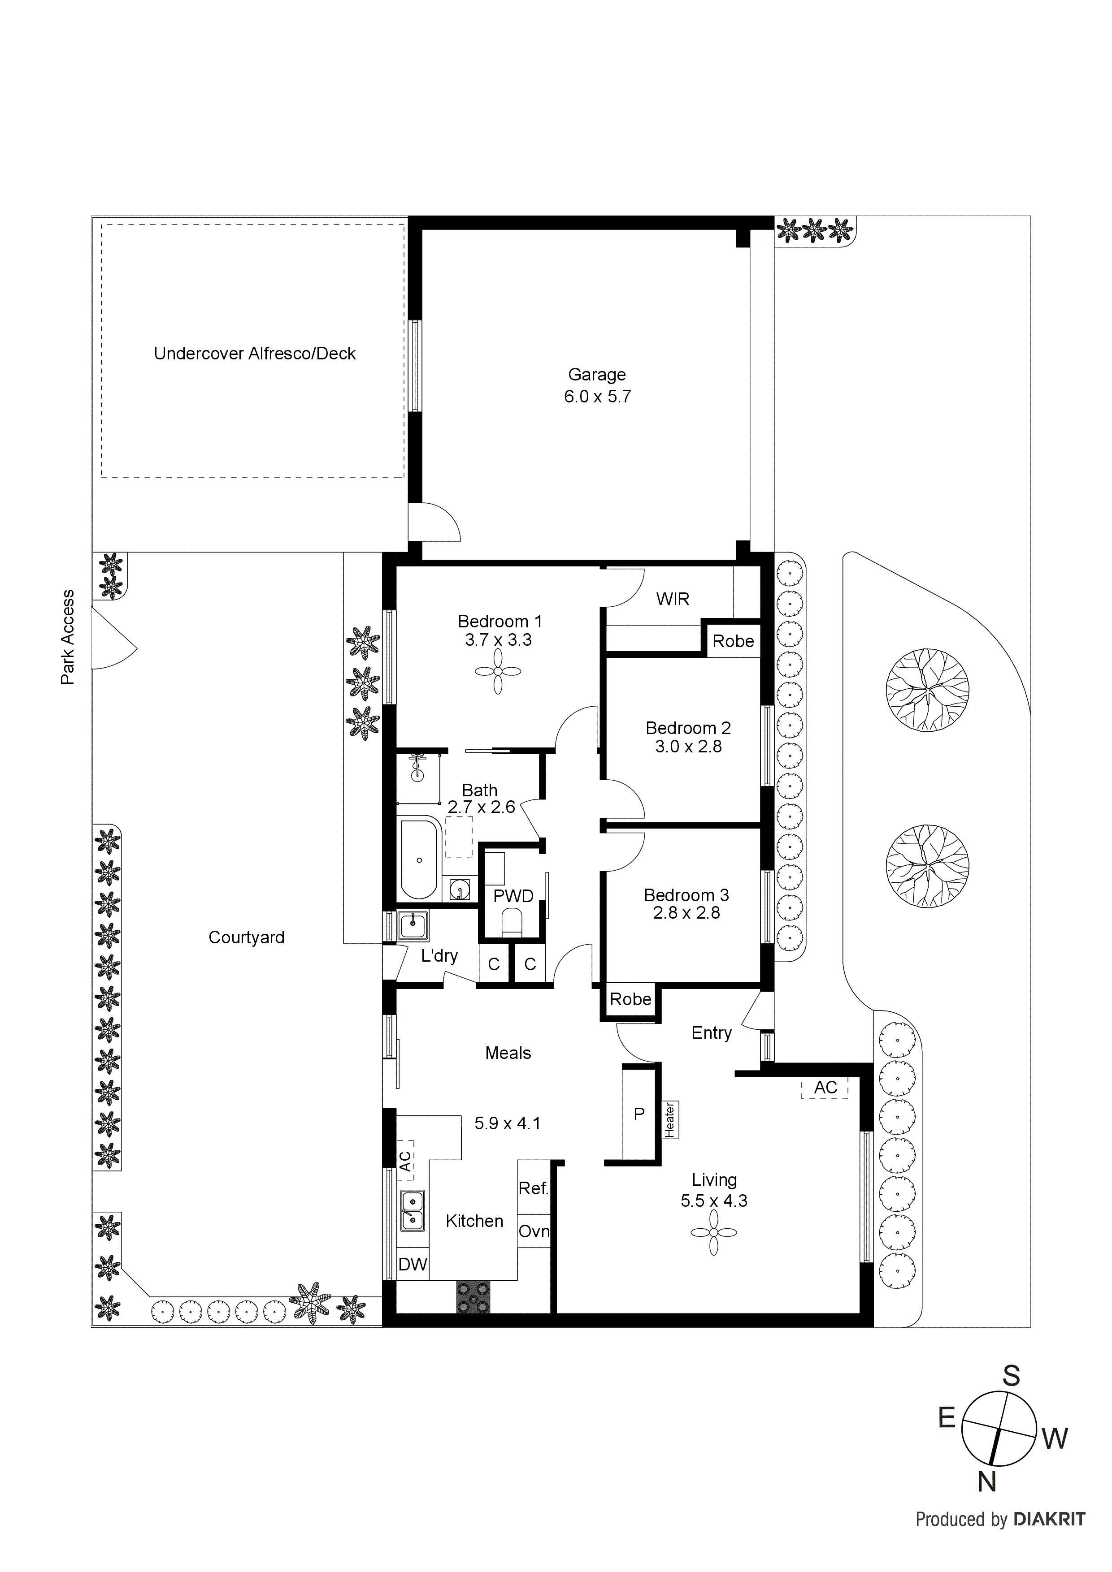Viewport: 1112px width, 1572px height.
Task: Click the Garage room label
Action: (597, 375)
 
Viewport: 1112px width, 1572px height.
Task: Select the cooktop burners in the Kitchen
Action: (473, 1297)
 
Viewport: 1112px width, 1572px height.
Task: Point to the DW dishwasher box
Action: (413, 1265)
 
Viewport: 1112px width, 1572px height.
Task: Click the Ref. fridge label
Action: (534, 1188)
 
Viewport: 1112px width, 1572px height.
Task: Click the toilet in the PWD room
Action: (512, 922)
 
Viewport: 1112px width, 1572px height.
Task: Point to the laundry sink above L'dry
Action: (413, 926)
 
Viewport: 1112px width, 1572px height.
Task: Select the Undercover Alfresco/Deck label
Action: (254, 354)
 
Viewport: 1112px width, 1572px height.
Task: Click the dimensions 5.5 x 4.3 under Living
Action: (713, 1201)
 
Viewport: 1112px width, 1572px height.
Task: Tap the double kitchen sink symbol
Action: (412, 1210)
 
